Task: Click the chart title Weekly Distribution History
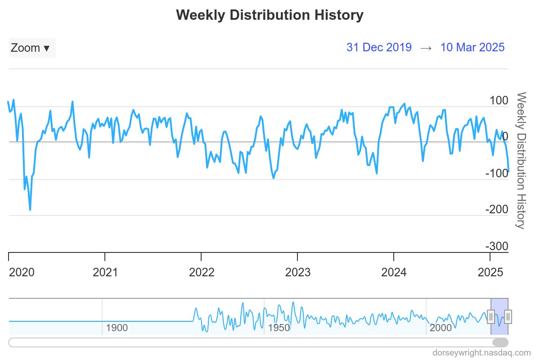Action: (270, 15)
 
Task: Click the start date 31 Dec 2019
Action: (379, 47)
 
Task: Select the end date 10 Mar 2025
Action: (472, 47)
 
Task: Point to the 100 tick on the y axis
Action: (499, 100)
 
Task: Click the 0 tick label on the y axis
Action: (505, 137)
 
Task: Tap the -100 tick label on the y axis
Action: (497, 173)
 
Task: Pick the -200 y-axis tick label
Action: (497, 210)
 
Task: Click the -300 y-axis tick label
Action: (497, 246)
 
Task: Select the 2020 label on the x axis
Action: (22, 272)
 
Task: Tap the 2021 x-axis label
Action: (105, 272)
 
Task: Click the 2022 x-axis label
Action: (201, 272)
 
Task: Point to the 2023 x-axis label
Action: (297, 272)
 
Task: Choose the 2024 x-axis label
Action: (394, 272)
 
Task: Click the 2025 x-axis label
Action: (490, 272)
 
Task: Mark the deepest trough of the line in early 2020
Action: (30, 210)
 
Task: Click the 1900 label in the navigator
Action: (117, 328)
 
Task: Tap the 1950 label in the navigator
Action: (279, 328)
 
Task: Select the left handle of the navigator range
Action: (491, 317)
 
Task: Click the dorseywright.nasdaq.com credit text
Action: (481, 352)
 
